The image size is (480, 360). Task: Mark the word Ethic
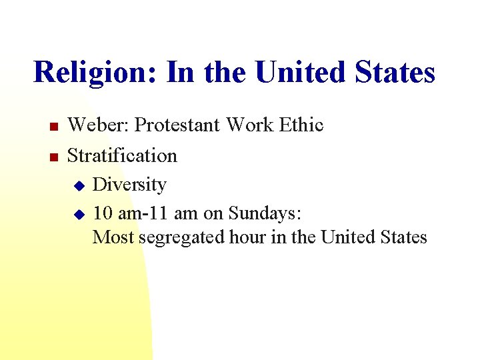pyautogui.click(x=301, y=125)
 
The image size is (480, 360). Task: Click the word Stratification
pyautogui.click(x=122, y=155)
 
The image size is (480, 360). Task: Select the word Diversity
pyautogui.click(x=129, y=184)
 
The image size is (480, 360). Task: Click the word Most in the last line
pyautogui.click(x=113, y=237)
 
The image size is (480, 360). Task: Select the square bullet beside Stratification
pyautogui.click(x=54, y=157)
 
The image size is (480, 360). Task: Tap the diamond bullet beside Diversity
pyautogui.click(x=78, y=185)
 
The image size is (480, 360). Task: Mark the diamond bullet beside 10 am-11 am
pyautogui.click(x=78, y=214)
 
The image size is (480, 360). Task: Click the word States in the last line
pyautogui.click(x=400, y=237)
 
